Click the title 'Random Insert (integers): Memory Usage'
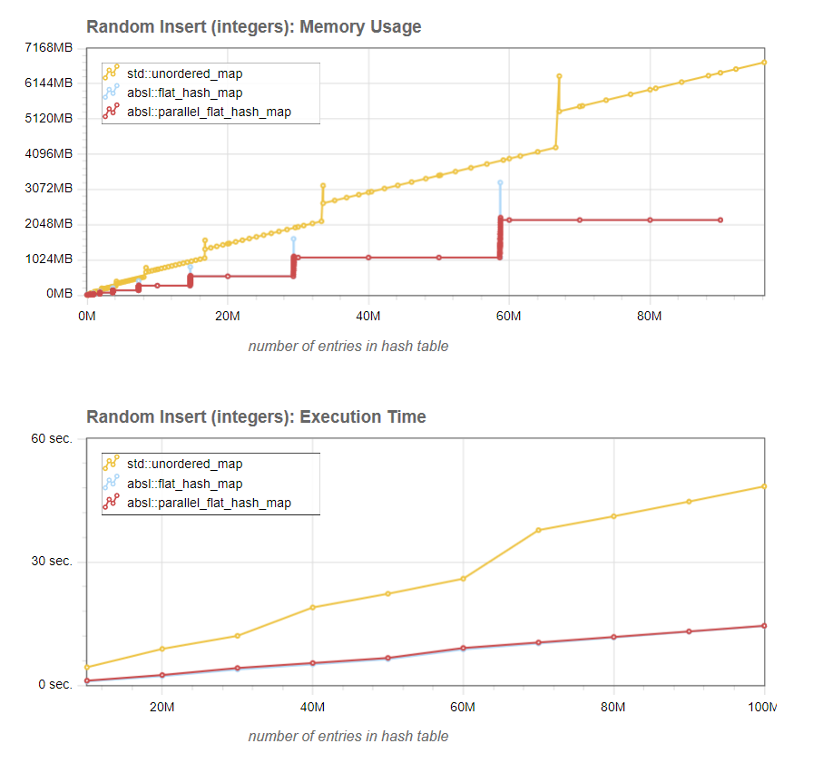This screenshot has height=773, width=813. [253, 27]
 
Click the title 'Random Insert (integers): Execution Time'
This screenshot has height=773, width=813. [256, 417]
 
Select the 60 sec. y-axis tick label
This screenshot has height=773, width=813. [52, 439]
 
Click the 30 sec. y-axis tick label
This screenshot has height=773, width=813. [52, 562]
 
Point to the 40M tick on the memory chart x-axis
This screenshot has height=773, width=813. [367, 316]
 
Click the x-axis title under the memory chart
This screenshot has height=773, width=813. [348, 346]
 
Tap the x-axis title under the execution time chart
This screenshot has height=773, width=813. [348, 736]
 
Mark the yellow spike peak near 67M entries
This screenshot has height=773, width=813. [559, 76]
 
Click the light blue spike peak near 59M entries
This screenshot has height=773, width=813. [500, 183]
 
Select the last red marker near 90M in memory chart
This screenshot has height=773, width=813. [720, 220]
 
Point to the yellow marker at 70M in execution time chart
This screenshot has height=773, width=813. [538, 530]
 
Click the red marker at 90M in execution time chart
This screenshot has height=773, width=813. [689, 631]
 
